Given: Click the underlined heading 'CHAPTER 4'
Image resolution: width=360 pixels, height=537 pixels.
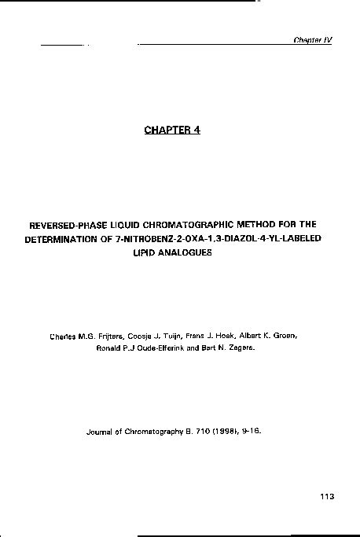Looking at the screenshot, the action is tap(172, 130).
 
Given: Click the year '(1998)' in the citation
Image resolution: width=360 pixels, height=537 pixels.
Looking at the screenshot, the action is tap(222, 431).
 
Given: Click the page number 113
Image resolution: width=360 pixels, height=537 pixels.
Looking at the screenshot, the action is tap(328, 496).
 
